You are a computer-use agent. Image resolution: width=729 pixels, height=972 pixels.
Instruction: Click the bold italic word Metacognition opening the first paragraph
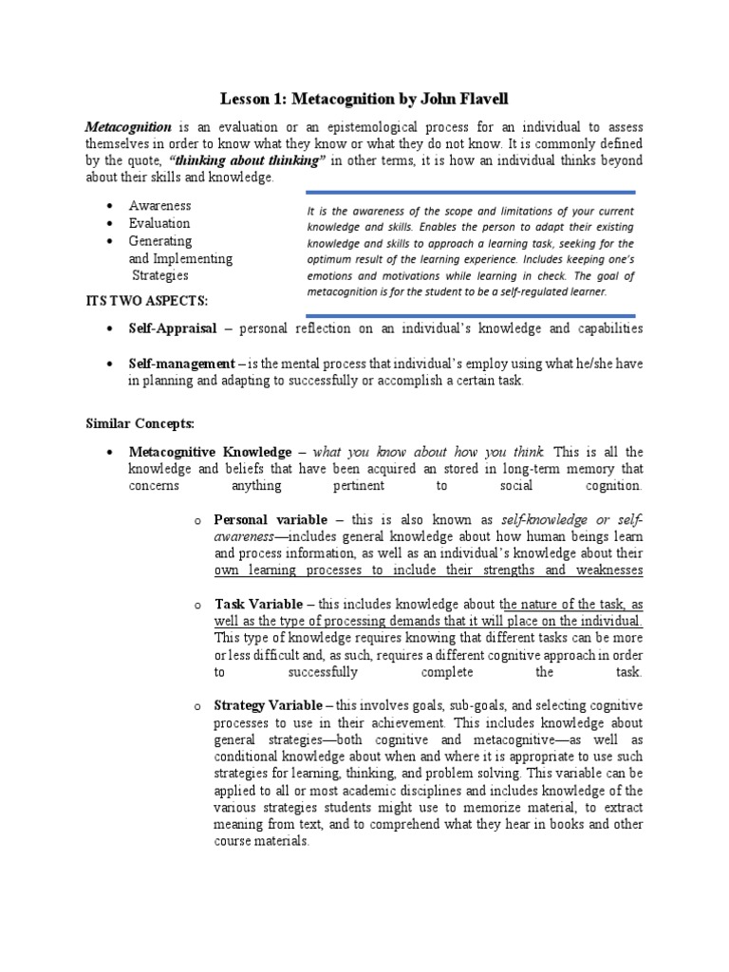[x=128, y=126]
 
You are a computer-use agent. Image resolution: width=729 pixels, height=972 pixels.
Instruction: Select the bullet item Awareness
[x=160, y=206]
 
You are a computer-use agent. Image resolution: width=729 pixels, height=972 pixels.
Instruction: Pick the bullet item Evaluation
[x=160, y=223]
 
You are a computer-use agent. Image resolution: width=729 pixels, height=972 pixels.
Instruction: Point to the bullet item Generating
[x=160, y=241]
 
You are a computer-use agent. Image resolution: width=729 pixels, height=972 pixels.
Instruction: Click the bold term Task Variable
[x=258, y=604]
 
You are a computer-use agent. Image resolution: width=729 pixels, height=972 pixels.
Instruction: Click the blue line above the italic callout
[x=470, y=196]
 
